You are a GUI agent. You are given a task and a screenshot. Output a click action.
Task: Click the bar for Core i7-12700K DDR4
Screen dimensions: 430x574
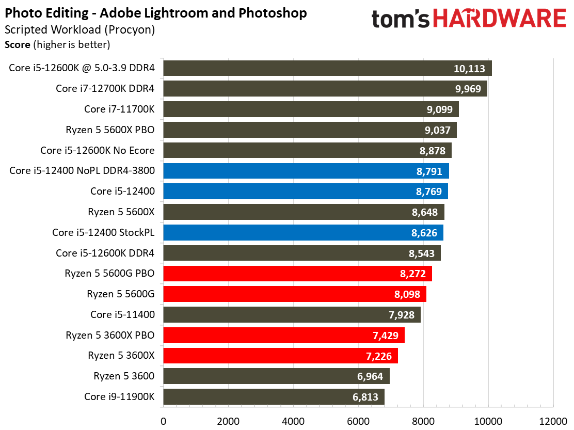[x=325, y=89]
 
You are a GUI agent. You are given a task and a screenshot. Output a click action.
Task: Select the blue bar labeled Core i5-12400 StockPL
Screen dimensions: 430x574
[x=303, y=233]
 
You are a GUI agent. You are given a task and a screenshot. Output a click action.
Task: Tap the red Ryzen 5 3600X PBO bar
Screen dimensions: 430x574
[x=284, y=336]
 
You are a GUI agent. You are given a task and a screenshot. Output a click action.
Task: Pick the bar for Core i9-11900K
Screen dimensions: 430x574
[x=274, y=397]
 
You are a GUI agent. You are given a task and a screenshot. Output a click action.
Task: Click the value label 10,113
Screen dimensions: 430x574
[x=469, y=69]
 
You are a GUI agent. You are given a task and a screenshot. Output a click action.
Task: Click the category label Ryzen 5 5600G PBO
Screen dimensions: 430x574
[x=109, y=274]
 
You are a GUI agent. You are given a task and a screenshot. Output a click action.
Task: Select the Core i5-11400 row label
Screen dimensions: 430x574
[x=122, y=314]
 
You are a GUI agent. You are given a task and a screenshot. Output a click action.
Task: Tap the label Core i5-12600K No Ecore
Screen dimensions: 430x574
[x=98, y=151]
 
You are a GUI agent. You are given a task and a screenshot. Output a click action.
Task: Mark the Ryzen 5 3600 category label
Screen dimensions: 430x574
[x=124, y=376]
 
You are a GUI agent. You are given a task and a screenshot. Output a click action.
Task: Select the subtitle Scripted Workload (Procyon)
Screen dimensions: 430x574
[x=79, y=30]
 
